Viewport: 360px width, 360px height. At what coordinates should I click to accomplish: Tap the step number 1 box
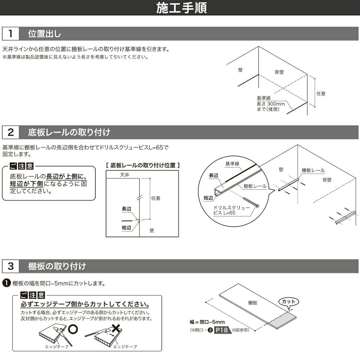point(11,34)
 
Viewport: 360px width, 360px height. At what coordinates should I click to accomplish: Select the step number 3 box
point(11,266)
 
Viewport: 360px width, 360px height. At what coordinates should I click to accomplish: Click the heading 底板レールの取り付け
point(69,132)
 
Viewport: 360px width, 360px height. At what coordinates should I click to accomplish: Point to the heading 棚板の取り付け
point(57,266)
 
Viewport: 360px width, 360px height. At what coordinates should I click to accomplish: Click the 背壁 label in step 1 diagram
point(279,72)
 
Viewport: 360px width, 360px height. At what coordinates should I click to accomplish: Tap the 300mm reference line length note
point(270,104)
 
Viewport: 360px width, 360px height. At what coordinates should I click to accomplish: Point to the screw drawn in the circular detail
point(251,202)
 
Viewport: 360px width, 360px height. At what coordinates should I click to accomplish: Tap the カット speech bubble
point(289,301)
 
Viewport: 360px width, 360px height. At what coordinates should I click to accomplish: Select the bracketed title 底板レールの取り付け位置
point(143,165)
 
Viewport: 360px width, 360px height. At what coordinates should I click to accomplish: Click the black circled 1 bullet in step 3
point(6,283)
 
